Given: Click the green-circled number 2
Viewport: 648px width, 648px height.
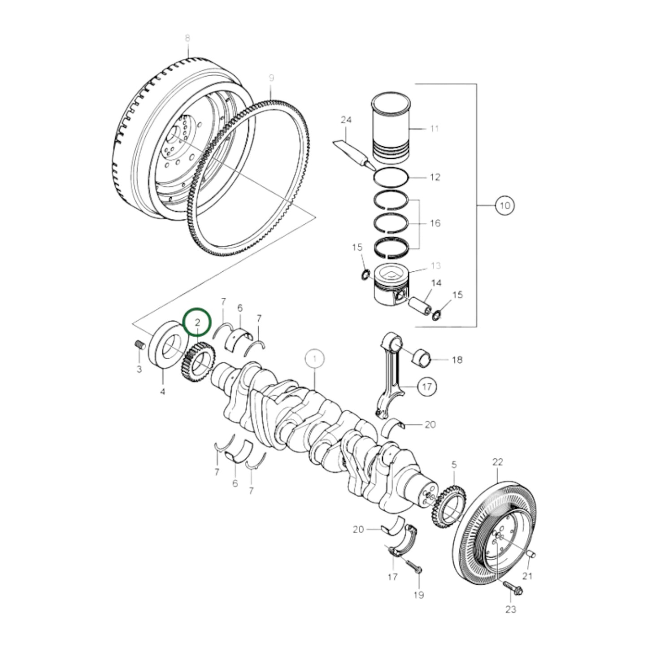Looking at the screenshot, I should click(x=197, y=322).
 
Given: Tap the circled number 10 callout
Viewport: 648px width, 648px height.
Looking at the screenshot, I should click(x=504, y=206).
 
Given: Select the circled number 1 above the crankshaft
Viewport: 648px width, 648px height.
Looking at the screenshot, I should click(x=315, y=359).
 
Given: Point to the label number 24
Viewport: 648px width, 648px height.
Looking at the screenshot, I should click(x=346, y=120).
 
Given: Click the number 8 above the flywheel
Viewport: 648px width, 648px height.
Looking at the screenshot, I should click(x=187, y=38).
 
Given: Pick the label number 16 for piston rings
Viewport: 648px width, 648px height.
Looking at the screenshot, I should click(x=435, y=223).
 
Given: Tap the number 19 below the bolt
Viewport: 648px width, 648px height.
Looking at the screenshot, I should click(x=418, y=595).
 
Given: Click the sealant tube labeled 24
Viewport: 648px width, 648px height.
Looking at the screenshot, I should click(x=353, y=153).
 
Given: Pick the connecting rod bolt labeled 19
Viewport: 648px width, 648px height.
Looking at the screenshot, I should click(x=413, y=567).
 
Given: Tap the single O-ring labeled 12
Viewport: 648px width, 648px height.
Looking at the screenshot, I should click(x=391, y=177).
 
